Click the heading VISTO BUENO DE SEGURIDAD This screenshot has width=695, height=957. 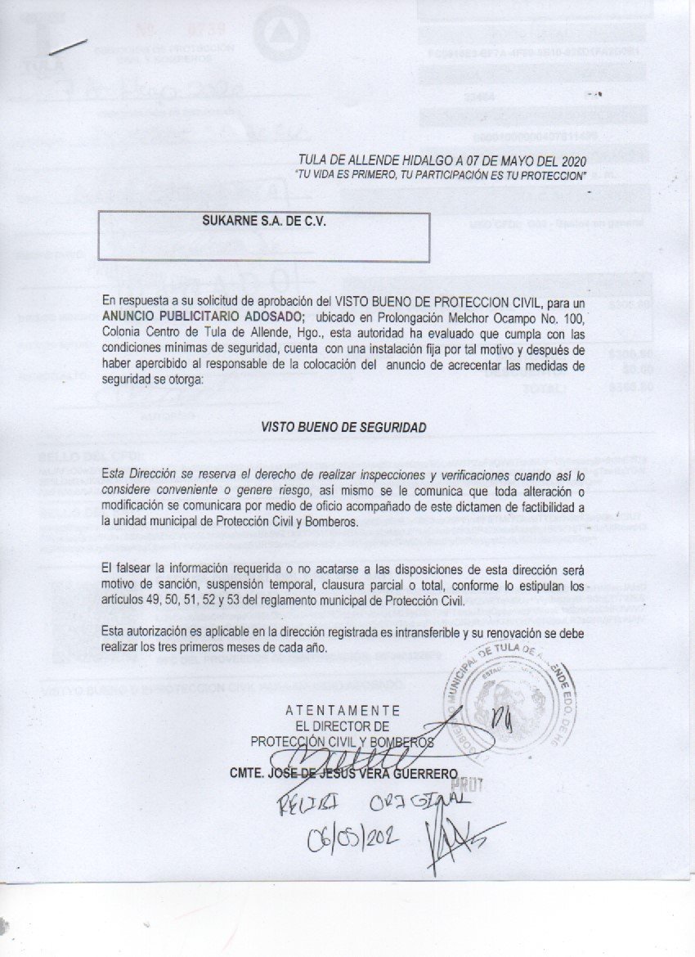click(x=343, y=427)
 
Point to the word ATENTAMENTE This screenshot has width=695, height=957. click(x=343, y=710)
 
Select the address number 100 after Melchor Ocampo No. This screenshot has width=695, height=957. click(x=573, y=317)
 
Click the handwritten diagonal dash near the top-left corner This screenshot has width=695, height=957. click(x=68, y=47)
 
